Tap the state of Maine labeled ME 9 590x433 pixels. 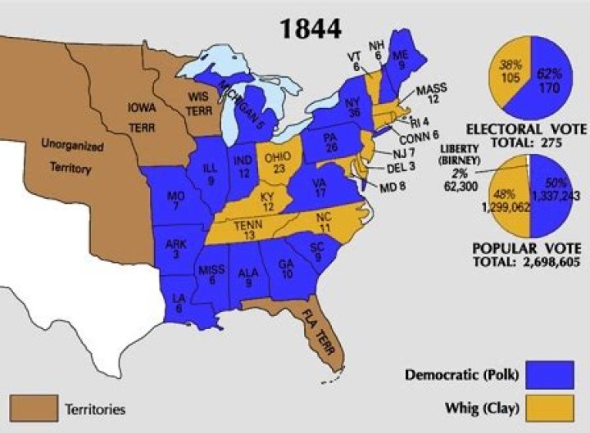[401, 56]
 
